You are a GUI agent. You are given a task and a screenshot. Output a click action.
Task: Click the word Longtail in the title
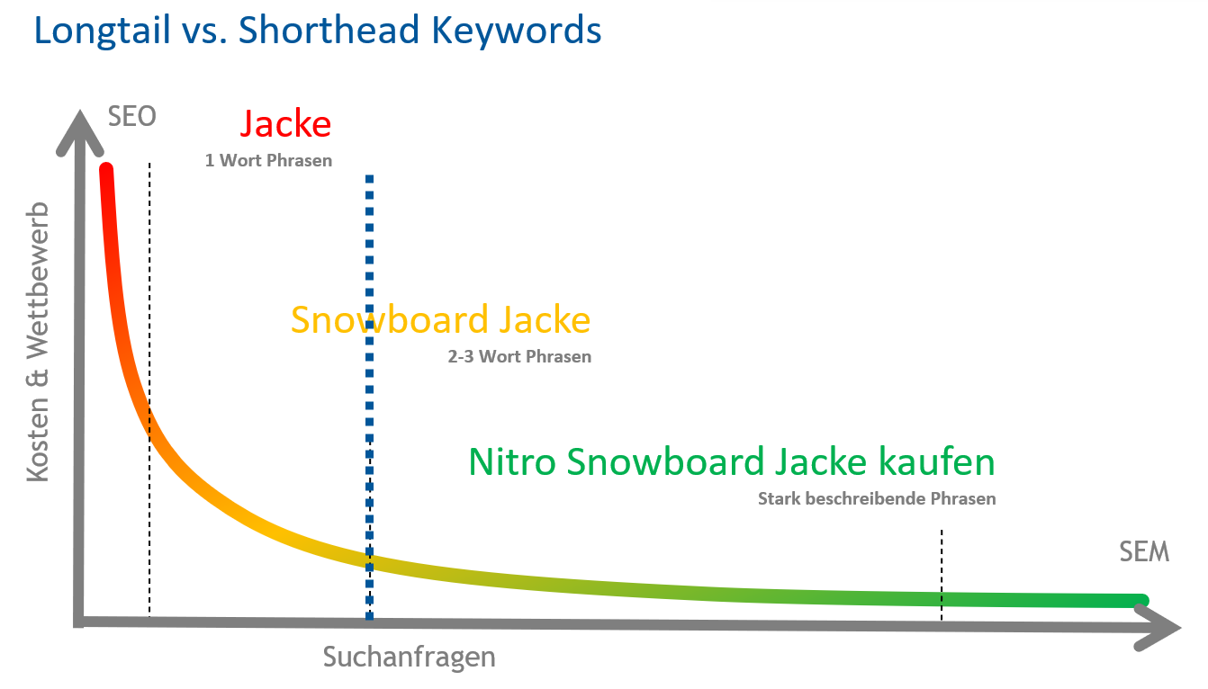tap(103, 31)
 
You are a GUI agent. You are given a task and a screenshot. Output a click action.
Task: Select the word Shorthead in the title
tap(329, 30)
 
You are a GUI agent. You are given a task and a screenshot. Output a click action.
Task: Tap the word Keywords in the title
tap(517, 30)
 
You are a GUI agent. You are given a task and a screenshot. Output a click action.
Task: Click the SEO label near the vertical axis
tap(132, 116)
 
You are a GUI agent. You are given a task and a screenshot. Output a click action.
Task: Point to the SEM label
tap(1144, 551)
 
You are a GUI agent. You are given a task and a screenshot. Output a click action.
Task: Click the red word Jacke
tap(285, 124)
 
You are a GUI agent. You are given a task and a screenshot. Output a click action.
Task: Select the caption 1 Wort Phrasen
tap(268, 160)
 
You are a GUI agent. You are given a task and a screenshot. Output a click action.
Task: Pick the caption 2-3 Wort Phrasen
tap(519, 356)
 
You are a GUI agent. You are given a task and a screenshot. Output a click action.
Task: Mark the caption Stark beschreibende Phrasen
tap(877, 499)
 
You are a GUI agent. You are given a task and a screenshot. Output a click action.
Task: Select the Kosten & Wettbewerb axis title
tap(38, 342)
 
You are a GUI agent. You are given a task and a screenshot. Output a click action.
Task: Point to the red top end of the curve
tap(106, 169)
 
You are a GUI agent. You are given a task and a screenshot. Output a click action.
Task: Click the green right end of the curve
tap(1142, 601)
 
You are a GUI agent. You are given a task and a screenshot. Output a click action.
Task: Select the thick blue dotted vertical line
tap(369, 398)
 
